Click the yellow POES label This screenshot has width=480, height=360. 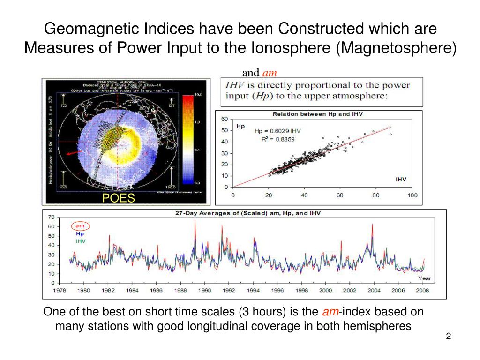(x=119, y=199)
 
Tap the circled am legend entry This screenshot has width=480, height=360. (x=80, y=225)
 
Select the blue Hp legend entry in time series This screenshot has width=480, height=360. (x=80, y=233)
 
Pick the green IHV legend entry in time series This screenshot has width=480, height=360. (x=81, y=241)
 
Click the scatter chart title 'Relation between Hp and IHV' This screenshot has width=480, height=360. (x=317, y=114)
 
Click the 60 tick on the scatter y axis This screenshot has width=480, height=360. (x=225, y=119)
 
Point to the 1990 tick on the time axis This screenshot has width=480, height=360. (x=205, y=290)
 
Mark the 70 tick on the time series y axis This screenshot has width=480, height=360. (x=51, y=217)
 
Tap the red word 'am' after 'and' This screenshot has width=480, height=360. (x=270, y=73)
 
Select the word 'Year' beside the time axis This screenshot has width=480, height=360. (x=424, y=278)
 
